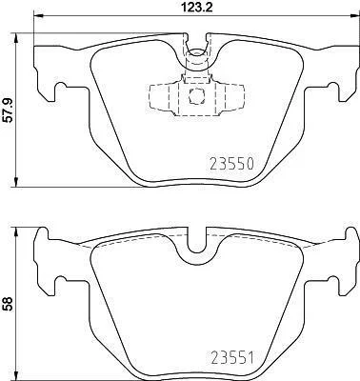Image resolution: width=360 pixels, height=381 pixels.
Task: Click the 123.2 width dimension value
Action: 196,7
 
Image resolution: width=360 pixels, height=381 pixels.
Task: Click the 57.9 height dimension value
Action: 7,110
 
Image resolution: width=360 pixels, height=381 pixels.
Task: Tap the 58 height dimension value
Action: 7,304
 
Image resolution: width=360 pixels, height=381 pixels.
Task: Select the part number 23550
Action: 232,164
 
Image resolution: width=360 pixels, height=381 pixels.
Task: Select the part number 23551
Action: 232,358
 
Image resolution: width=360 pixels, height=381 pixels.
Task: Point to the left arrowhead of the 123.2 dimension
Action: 38,16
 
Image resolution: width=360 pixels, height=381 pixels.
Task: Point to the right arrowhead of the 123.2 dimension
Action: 353,16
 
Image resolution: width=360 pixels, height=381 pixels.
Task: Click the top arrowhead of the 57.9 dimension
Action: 16,37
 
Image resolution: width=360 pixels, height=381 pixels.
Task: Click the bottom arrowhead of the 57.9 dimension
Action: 16,182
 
